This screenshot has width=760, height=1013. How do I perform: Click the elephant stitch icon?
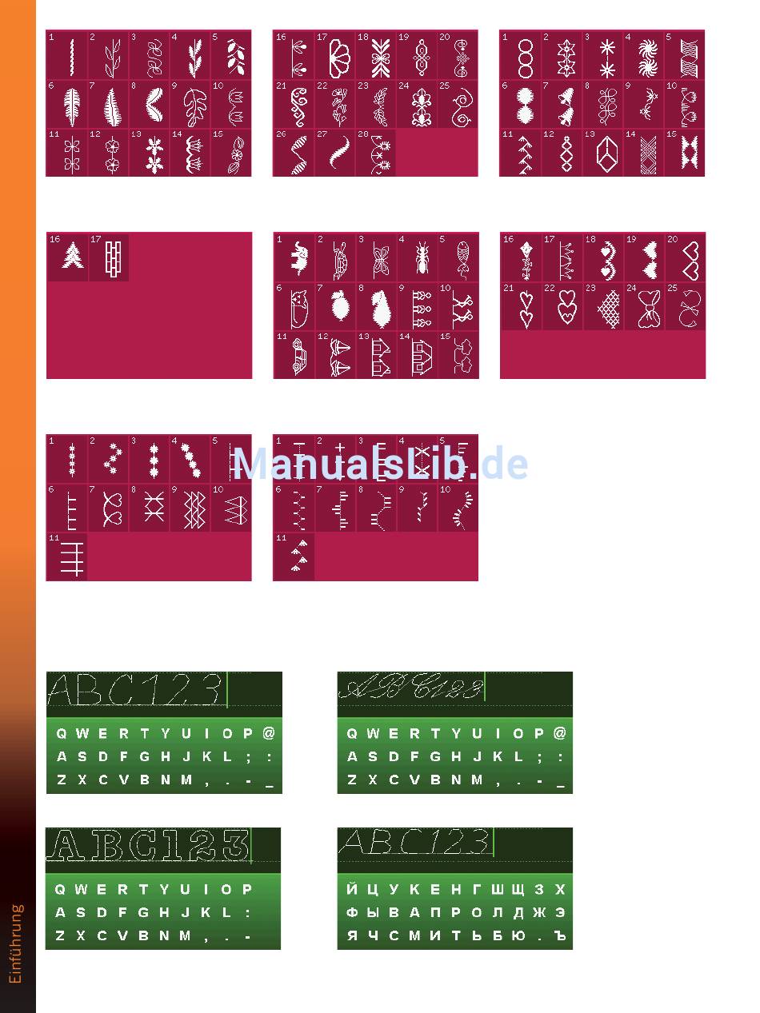point(294,257)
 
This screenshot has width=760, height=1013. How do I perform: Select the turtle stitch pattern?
point(336,257)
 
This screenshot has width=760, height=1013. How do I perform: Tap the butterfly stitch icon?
point(377,257)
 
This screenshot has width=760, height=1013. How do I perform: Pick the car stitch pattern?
point(294,355)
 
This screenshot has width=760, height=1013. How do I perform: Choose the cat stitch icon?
point(294,307)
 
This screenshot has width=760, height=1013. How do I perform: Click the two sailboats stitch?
point(336,355)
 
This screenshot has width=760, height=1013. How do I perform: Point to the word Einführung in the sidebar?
point(17,943)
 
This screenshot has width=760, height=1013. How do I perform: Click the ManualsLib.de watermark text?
point(380,464)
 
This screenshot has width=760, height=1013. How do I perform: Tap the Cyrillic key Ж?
point(539,912)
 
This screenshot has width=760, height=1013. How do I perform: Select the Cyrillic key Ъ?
point(560,935)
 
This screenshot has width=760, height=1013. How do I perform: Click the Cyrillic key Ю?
point(518,935)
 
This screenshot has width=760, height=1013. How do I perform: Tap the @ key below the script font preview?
point(559,733)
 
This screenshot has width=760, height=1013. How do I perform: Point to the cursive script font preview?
point(412,688)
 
